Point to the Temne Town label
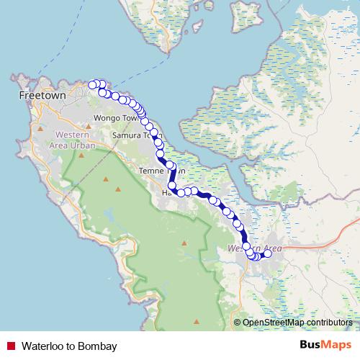coord(156,171)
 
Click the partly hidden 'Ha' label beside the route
coord(166,193)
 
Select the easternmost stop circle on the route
coord(268,253)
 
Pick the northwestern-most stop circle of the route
coord(92,85)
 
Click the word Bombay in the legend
coord(99,346)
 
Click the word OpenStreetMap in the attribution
coord(271,322)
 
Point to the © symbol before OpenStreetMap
coord(238,322)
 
